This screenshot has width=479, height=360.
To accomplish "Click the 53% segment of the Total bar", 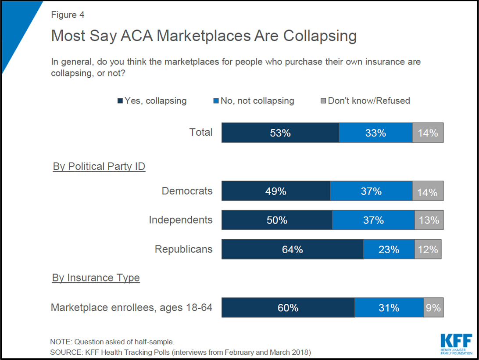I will (280, 133).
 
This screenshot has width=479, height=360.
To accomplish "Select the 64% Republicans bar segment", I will (292, 249).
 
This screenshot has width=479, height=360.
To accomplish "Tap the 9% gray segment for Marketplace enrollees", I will (433, 308).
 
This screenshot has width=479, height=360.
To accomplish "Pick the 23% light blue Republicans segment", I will (389, 249).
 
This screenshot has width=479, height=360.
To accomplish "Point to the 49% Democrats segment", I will (275, 191).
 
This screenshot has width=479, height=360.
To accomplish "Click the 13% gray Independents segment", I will (429, 220).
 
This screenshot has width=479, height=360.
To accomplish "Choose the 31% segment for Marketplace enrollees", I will (389, 308).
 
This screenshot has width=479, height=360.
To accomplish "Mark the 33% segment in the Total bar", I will (375, 133).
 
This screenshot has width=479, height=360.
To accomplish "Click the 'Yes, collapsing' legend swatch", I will (120, 101).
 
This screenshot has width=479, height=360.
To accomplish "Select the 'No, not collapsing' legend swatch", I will (216, 101).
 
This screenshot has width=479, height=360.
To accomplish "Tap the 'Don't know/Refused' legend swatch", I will (323, 101).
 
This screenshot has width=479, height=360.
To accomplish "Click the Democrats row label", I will (187, 191).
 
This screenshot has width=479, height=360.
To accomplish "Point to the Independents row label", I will (181, 220).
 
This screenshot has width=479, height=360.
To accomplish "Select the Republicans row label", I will (183, 249).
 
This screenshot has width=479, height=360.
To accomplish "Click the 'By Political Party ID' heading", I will (99, 167).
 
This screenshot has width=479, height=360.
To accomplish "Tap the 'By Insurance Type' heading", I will (96, 278).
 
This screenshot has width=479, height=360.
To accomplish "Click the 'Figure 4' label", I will (68, 15).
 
